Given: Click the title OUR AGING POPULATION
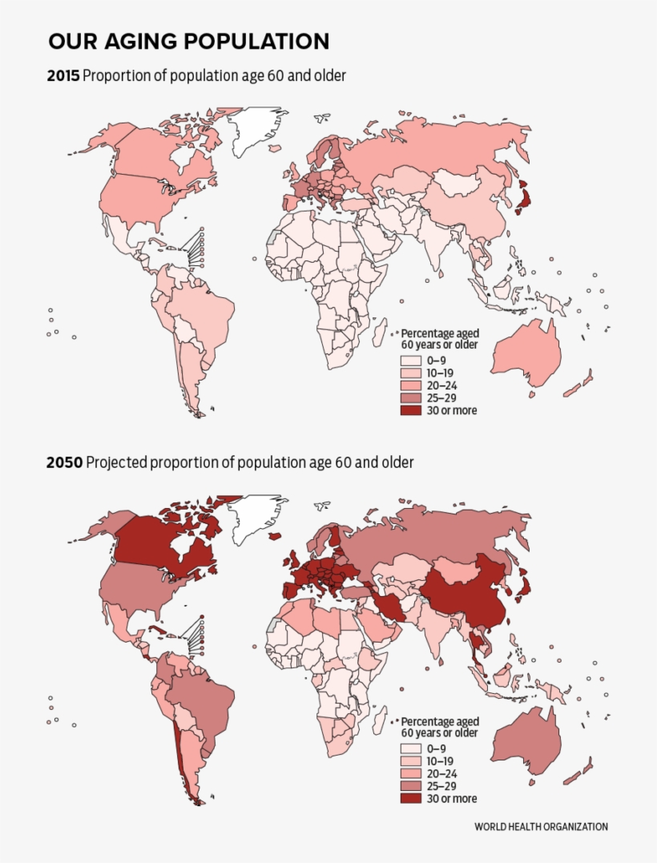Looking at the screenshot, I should point(188,42).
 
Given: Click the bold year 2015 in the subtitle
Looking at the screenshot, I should point(64,76).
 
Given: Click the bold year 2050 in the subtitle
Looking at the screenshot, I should point(64,463).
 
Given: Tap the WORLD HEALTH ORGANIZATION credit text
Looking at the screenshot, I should point(541,827).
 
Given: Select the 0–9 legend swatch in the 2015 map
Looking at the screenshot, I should point(411,361).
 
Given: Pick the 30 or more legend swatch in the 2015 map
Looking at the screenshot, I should point(411,410).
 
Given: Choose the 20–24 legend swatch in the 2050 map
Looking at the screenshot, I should point(411,774).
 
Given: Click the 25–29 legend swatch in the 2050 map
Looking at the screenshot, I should point(411,786).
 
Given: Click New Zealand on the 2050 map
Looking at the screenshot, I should point(578,773).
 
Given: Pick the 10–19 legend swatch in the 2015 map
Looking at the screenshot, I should point(411,373).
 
